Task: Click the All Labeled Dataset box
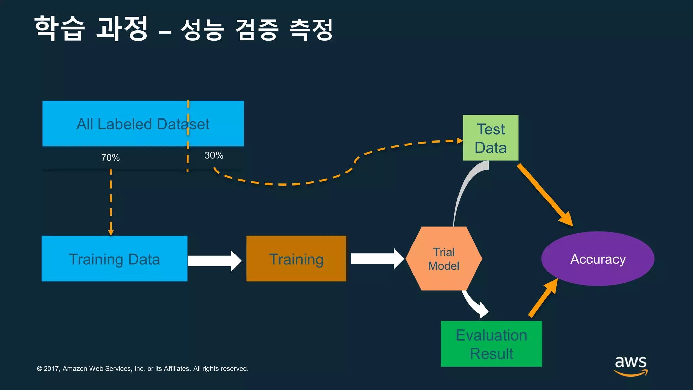(143, 124)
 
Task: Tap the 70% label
(110, 158)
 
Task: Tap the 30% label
(214, 155)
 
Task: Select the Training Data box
(114, 259)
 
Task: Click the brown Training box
(296, 259)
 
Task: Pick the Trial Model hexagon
(444, 259)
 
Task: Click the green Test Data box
(490, 138)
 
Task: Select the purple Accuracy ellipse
(598, 259)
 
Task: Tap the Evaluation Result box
(491, 344)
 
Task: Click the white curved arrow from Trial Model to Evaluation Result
(474, 303)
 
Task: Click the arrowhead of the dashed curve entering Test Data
(460, 140)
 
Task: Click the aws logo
(630, 365)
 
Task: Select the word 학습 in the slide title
(60, 28)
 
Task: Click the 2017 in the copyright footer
(51, 369)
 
